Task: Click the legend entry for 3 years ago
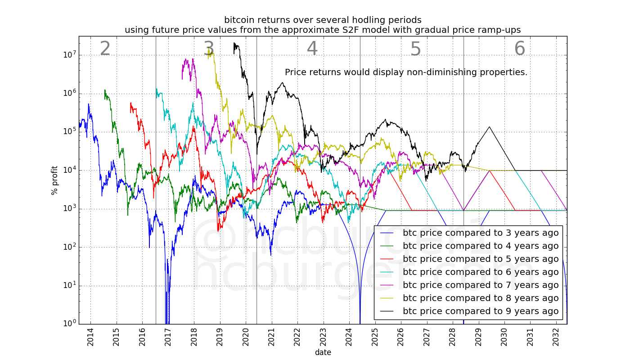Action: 480,233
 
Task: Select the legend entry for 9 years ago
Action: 480,311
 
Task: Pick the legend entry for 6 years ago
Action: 480,272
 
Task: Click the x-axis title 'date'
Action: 323,352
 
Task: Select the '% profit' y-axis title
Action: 55,180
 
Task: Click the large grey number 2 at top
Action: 105,49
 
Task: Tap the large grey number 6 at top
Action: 519,49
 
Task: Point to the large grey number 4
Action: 312,49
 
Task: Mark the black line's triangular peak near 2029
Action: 490,127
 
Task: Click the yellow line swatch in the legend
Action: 387,298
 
